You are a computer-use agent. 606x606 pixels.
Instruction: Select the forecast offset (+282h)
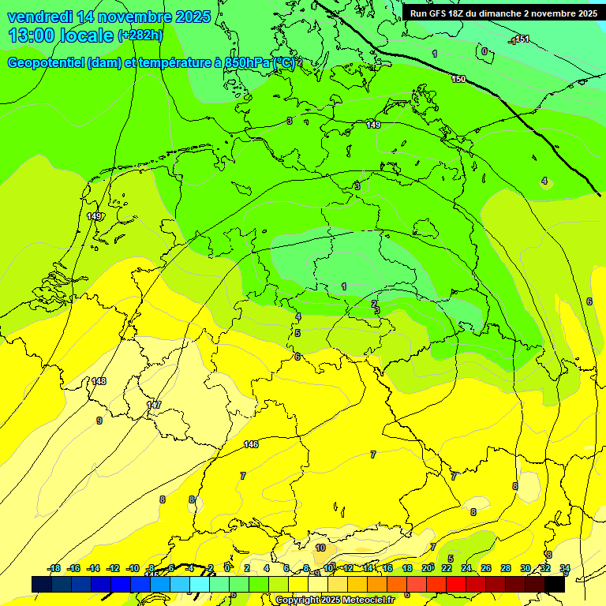(x=140, y=36)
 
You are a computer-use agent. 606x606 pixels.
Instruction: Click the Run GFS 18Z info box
(x=503, y=13)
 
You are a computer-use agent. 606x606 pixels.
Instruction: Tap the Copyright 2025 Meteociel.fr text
(x=335, y=600)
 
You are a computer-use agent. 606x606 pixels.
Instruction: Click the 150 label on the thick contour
(x=459, y=79)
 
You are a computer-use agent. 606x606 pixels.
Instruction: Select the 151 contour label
(x=521, y=39)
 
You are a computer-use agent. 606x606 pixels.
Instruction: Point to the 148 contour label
(x=99, y=381)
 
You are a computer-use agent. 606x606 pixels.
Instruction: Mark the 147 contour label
(x=154, y=405)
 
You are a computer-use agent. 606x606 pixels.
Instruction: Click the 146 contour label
(x=251, y=444)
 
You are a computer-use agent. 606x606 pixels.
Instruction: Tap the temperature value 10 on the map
(x=320, y=548)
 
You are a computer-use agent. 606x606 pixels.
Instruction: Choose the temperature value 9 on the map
(x=99, y=421)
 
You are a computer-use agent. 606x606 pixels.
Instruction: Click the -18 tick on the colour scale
(x=54, y=568)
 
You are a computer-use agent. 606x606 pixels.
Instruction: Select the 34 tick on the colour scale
(x=565, y=568)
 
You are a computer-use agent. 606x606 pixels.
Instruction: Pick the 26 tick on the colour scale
(x=486, y=568)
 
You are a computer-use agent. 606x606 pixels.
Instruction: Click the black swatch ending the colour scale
(x=555, y=584)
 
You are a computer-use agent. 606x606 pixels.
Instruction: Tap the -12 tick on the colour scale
(x=114, y=568)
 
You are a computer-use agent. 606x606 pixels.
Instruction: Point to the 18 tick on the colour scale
(x=407, y=568)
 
